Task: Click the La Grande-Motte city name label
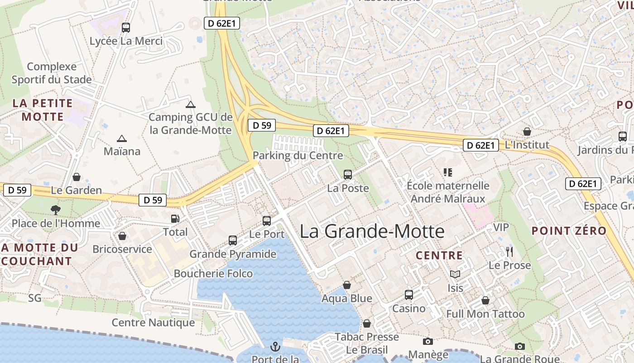tap(372, 231)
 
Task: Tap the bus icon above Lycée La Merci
tap(126, 28)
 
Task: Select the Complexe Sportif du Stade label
tap(52, 73)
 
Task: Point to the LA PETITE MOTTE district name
tap(43, 110)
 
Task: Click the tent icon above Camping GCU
tap(191, 104)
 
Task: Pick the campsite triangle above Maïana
tap(121, 138)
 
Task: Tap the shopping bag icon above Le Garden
tap(77, 177)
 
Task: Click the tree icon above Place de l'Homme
tap(56, 210)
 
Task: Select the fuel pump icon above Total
tap(175, 219)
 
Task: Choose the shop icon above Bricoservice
tap(122, 236)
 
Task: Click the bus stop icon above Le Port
tap(267, 221)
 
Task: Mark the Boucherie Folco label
tap(213, 273)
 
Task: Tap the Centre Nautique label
tap(153, 323)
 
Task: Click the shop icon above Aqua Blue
tap(346, 285)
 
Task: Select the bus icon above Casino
tap(409, 295)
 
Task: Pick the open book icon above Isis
tap(455, 274)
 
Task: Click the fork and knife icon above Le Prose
tap(509, 251)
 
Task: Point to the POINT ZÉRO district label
tap(569, 231)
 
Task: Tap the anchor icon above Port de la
tap(275, 347)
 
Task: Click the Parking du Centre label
tap(298, 156)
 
